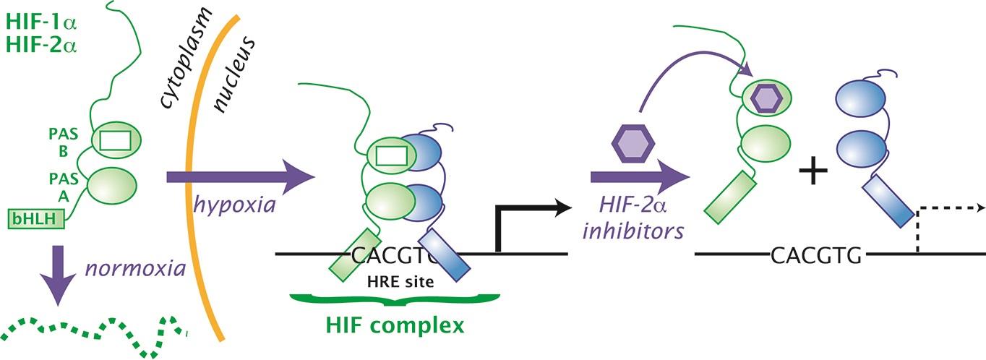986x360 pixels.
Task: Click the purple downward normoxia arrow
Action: pos(63,273)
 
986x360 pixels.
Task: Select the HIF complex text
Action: pos(393,325)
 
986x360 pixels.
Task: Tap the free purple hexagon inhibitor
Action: pos(627,142)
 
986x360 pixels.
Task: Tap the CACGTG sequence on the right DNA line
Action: pos(817,255)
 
